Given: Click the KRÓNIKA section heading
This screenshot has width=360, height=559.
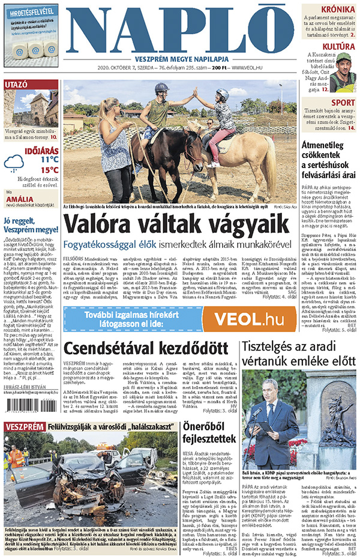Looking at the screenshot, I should (337, 10).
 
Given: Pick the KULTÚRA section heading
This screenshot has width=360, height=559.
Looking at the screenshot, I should (338, 46).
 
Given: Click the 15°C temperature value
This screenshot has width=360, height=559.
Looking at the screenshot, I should (49, 170).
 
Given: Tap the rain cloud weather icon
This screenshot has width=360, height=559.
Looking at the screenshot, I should (14, 162).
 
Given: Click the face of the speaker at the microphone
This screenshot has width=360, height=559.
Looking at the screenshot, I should (271, 385).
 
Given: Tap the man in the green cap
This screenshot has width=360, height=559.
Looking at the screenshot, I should (343, 65).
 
